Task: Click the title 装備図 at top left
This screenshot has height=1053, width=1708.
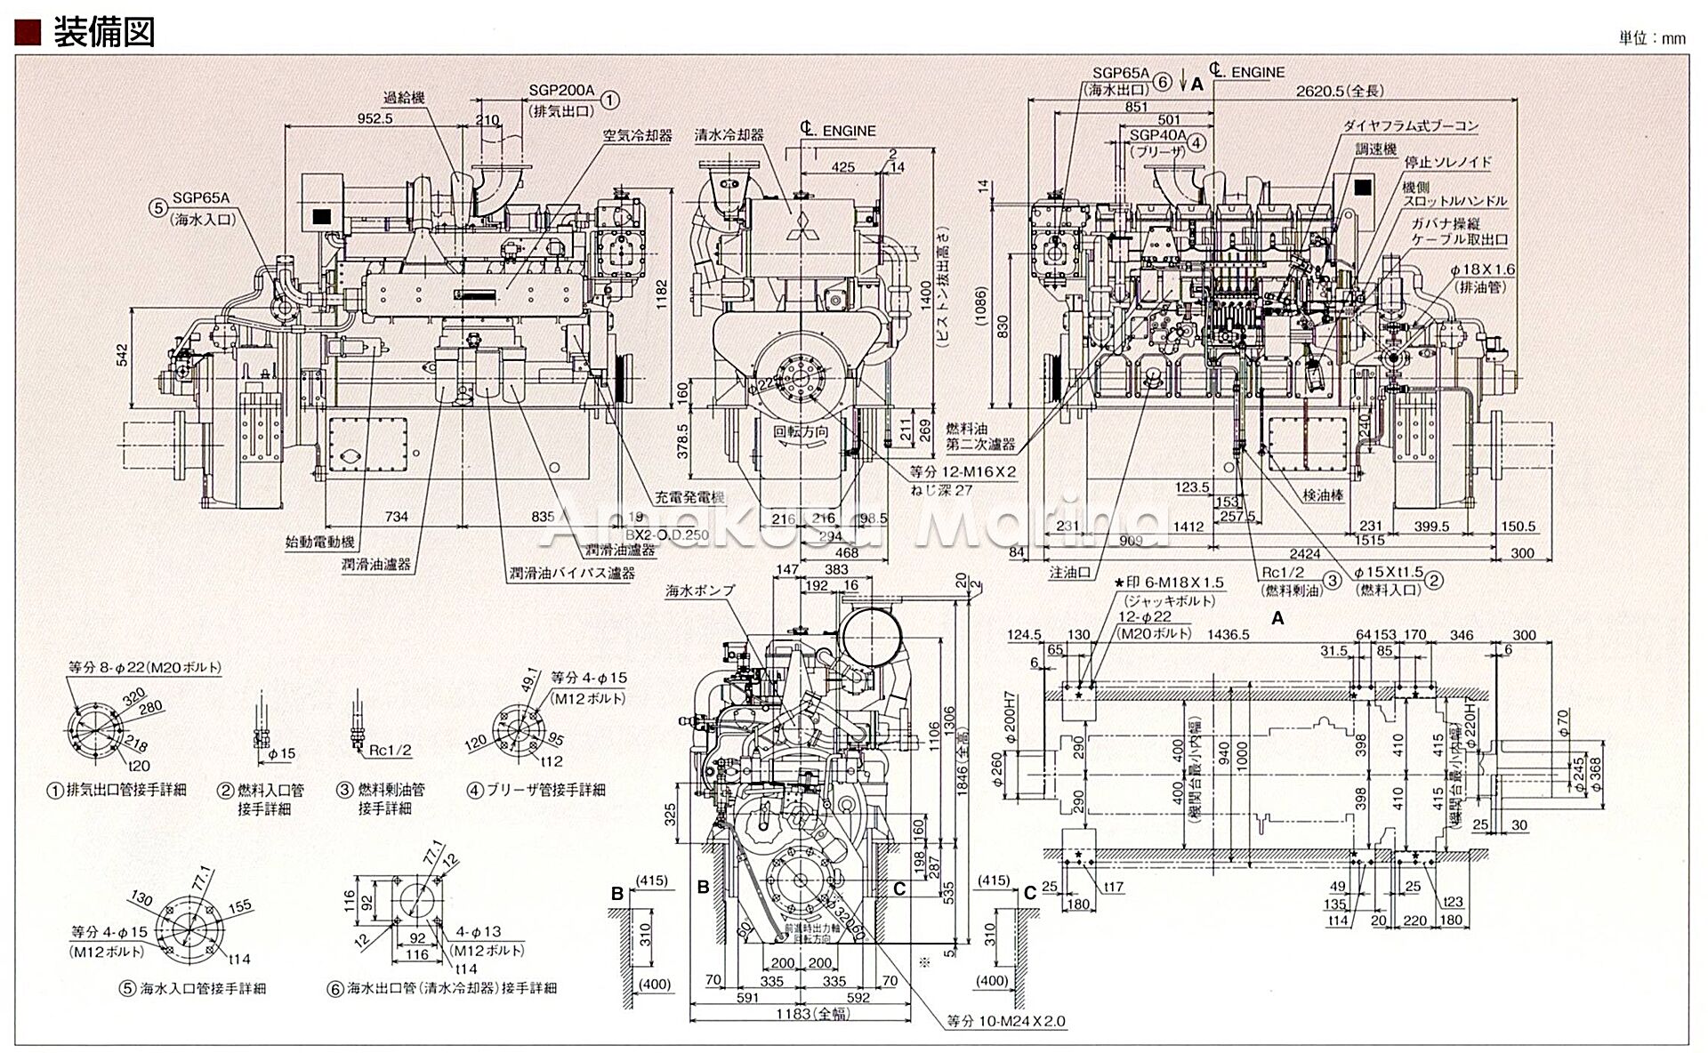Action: [x=104, y=32]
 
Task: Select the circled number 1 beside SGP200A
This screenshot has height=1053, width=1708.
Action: [x=609, y=100]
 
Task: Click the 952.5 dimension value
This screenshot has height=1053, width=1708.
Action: [x=375, y=117]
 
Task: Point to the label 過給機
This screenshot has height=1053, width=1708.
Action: [x=403, y=99]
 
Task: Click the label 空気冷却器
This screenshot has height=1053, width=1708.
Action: [x=637, y=136]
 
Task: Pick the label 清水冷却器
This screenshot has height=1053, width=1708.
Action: [x=729, y=135]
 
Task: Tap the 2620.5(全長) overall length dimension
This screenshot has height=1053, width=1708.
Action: [x=1340, y=91]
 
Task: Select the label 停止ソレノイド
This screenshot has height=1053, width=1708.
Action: [x=1447, y=163]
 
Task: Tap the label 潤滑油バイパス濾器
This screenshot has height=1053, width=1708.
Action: [x=572, y=573]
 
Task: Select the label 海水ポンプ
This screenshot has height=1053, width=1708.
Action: [x=700, y=590]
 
